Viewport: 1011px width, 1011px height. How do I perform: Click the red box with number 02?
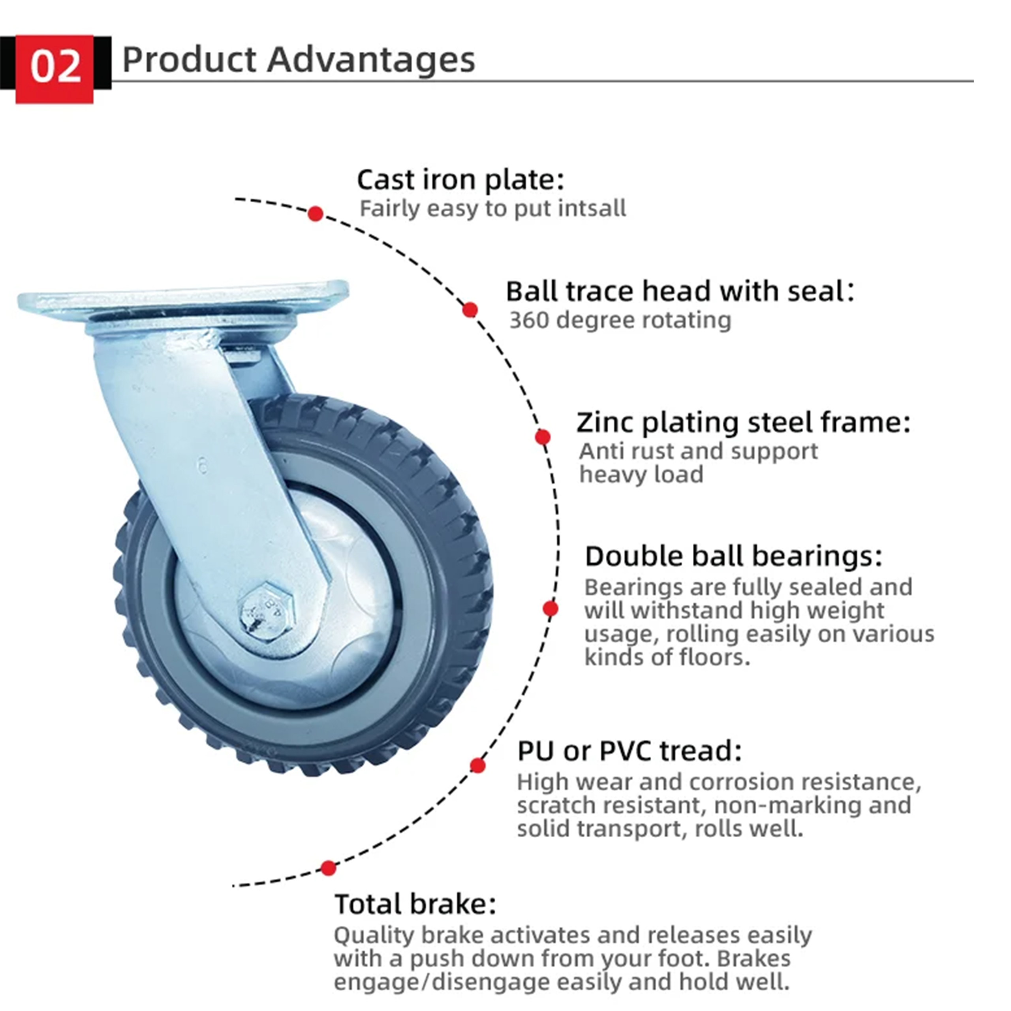pyautogui.click(x=54, y=69)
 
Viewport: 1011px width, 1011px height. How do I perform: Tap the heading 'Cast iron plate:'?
pyautogui.click(x=460, y=180)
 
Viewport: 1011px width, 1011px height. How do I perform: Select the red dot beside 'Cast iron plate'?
pyautogui.click(x=315, y=214)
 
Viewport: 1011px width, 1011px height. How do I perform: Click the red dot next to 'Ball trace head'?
pyautogui.click(x=470, y=310)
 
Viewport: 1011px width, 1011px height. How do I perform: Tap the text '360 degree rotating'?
pyautogui.click(x=620, y=320)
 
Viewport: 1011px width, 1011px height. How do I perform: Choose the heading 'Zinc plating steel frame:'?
pyautogui.click(x=744, y=423)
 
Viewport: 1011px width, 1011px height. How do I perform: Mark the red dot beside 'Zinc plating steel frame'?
pyautogui.click(x=543, y=436)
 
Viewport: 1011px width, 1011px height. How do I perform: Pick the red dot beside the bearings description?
pyautogui.click(x=550, y=609)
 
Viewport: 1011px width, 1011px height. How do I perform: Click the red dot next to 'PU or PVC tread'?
pyautogui.click(x=477, y=766)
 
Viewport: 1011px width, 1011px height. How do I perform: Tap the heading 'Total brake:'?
pyautogui.click(x=415, y=904)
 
